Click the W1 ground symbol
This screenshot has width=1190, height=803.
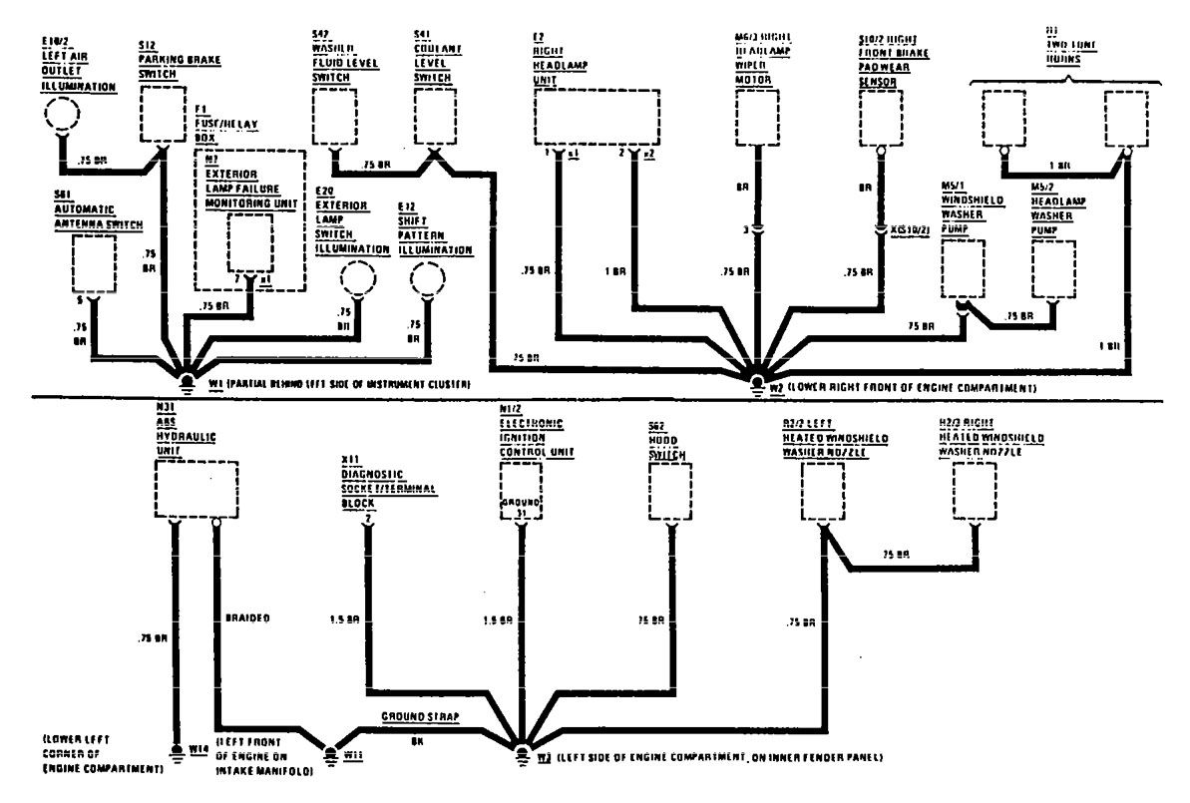[x=186, y=379]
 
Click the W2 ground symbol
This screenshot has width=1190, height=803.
[x=757, y=380]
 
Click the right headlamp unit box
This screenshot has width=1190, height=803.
[x=596, y=117]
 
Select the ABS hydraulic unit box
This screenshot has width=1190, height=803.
[x=197, y=489]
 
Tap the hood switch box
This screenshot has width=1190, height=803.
[x=672, y=492]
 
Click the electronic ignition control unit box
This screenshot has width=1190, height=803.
[x=521, y=492]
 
